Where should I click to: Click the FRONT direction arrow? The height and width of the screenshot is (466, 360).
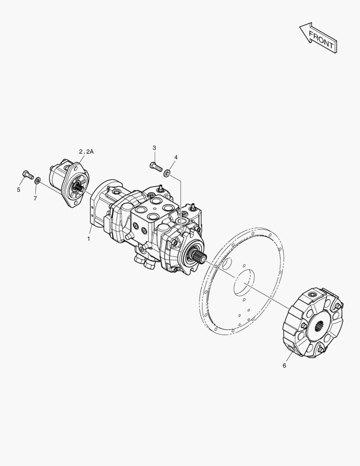319,38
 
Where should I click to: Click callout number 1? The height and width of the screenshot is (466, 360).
88,239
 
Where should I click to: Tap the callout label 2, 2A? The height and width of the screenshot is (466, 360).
86,152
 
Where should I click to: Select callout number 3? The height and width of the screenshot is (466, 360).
154,148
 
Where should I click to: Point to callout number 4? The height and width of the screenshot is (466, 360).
176,157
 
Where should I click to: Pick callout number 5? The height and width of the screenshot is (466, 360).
19,189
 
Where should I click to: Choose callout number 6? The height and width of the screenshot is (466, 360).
284,365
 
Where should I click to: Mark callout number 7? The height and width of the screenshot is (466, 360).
35,198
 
